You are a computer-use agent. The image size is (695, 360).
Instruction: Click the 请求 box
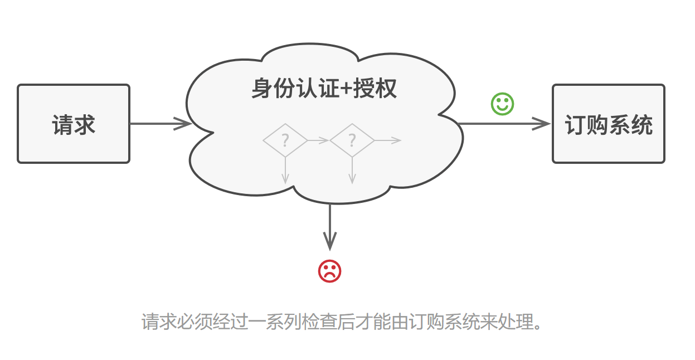click(x=74, y=124)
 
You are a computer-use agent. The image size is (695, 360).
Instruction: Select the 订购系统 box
click(x=608, y=124)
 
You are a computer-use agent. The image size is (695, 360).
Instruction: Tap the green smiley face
click(x=502, y=104)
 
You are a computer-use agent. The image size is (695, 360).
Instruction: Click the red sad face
click(x=329, y=271)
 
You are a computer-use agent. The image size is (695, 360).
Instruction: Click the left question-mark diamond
click(x=285, y=140)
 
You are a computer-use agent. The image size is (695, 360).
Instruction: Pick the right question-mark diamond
click(x=352, y=140)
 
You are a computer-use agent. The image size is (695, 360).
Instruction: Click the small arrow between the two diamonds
click(x=318, y=140)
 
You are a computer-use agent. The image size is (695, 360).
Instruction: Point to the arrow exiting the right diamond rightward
click(x=388, y=140)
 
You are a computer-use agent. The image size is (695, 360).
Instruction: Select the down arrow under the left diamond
click(x=285, y=170)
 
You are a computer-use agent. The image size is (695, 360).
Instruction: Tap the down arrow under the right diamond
click(x=352, y=170)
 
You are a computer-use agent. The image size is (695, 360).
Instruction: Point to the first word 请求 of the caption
click(x=159, y=322)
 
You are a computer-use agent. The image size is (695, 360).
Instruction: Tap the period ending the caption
click(x=537, y=325)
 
